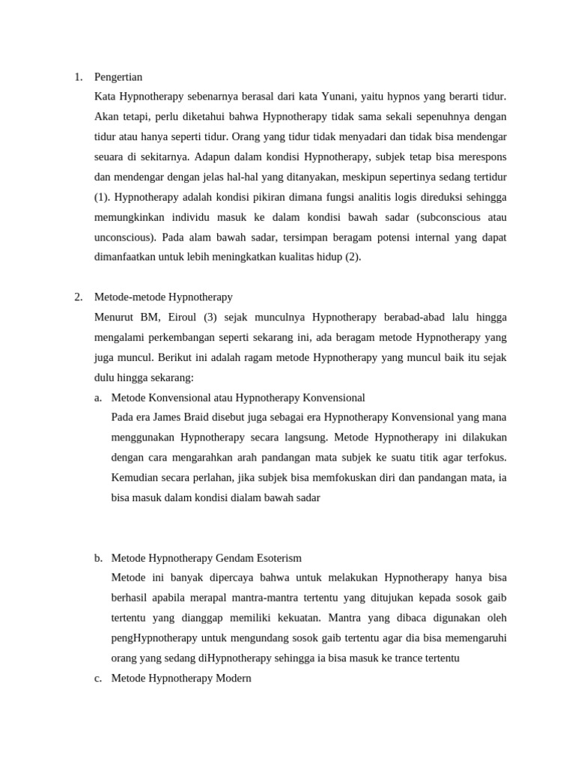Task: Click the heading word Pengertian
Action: (118, 77)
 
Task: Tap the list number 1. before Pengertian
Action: (79, 77)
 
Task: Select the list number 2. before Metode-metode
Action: (79, 297)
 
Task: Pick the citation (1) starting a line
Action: (102, 197)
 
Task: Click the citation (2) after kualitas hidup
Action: (353, 257)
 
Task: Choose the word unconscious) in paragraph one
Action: (125, 237)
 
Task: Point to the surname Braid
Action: (197, 417)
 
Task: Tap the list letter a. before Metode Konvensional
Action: (98, 397)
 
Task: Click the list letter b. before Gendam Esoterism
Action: (98, 558)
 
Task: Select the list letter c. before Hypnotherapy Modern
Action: (98, 678)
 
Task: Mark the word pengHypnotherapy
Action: (154, 638)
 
